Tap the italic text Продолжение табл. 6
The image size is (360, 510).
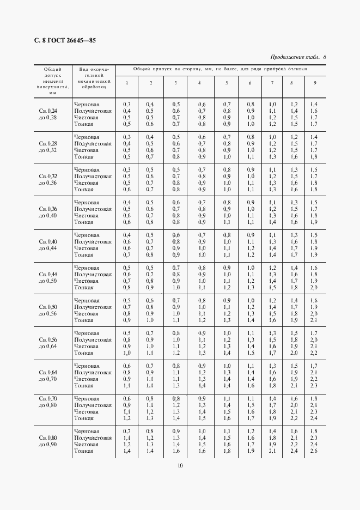pyautogui.click(x=297, y=57)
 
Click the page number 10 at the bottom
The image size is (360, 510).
pyautogui.click(x=180, y=465)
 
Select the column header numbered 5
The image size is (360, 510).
pyautogui.click(x=227, y=83)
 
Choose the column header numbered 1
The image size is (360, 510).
pyautogui.click(x=127, y=83)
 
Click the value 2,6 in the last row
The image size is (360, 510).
pyautogui.click(x=314, y=451)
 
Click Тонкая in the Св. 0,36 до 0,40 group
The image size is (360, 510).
pyautogui.click(x=84, y=222)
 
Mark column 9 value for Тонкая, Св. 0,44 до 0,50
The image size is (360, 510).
pyautogui.click(x=314, y=288)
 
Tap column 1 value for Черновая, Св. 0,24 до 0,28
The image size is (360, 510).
pyautogui.click(x=127, y=104)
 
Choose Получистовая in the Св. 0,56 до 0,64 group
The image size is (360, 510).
pyautogui.click(x=93, y=340)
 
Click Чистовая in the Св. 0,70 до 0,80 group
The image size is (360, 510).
pyautogui.click(x=87, y=412)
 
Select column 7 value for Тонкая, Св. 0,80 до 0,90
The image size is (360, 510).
pyautogui.click(x=272, y=451)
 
